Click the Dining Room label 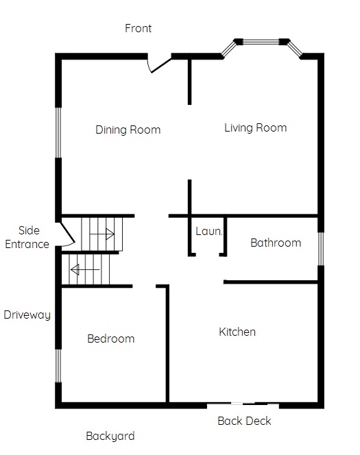[x=128, y=130]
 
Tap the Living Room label [x=256, y=128]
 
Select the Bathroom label [x=276, y=243]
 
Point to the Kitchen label [x=237, y=332]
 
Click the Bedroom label [x=111, y=339]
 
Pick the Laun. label [x=209, y=232]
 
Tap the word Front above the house [x=139, y=28]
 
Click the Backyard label [x=110, y=436]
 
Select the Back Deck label [x=244, y=421]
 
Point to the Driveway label [x=27, y=315]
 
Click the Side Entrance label [x=27, y=237]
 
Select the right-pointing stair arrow [x=102, y=234]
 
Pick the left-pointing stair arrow [x=85, y=269]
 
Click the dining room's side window [x=58, y=133]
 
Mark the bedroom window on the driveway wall [x=58, y=366]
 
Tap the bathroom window [x=321, y=249]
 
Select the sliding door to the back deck [x=243, y=404]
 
